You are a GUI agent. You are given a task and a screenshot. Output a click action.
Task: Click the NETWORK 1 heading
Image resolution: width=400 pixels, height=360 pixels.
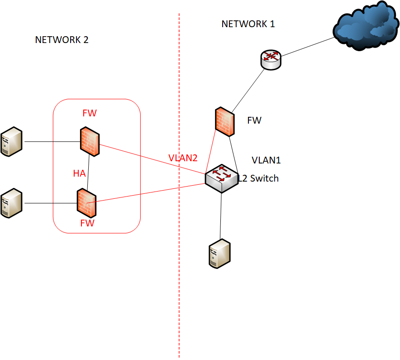pos(248,24)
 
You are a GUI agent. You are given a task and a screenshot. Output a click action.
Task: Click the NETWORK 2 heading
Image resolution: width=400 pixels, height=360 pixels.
pos(62,40)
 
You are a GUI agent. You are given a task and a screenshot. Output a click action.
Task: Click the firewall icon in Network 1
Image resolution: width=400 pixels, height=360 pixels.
pos(225,121)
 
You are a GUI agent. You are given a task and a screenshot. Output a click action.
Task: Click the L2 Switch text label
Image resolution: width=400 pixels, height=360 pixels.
pos(259,178)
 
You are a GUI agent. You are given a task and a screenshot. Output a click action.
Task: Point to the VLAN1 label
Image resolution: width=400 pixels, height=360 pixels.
pos(266,160)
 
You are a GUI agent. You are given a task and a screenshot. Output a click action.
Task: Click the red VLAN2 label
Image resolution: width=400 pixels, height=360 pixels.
pos(183,158)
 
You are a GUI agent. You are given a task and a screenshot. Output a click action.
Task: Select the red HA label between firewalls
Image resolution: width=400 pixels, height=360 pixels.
pos(79,173)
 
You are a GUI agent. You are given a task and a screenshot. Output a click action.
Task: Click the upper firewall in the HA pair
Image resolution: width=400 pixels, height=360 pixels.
pos(90,141)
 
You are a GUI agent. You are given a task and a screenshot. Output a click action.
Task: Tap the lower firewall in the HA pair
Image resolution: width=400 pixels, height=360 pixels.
pos(86,202)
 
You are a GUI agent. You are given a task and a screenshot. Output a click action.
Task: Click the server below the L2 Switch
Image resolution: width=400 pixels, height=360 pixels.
pos(219,254)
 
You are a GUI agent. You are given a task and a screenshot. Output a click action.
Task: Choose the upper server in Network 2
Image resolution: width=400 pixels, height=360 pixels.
pos(11,142)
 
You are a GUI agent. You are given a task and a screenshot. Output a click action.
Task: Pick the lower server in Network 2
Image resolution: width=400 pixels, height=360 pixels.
pos(11,203)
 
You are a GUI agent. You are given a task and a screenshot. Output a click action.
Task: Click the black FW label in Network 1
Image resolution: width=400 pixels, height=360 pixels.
pos(254,120)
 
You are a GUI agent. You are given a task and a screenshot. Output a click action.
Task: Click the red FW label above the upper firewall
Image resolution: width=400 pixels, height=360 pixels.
pos(89,113)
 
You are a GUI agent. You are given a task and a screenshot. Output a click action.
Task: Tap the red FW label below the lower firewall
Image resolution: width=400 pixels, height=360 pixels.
pos(87,223)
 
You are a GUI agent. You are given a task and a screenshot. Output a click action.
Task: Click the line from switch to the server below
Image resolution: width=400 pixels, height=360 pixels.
pos(221,215)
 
